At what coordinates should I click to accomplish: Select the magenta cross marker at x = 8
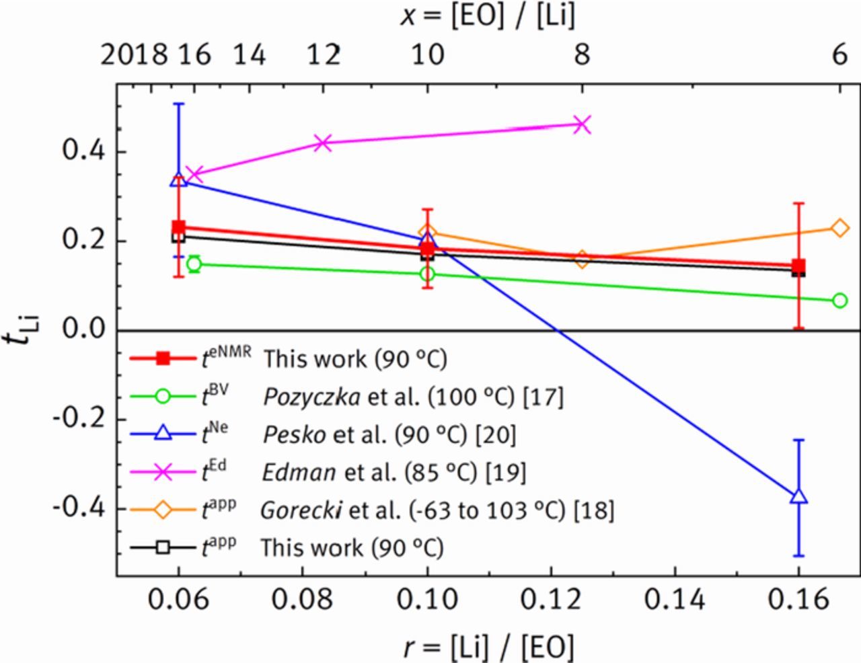pos(583,124)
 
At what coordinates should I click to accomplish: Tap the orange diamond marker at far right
pos(839,228)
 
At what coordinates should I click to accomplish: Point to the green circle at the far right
pos(839,301)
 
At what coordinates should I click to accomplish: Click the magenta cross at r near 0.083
pos(324,143)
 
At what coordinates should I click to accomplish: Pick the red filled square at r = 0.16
pos(798,266)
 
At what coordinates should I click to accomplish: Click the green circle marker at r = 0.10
pos(427,274)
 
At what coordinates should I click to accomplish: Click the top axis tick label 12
pos(324,54)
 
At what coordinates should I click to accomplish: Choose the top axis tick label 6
pos(839,54)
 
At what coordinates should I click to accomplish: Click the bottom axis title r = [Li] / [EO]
pos(489,647)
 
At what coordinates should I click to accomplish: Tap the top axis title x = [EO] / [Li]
pos(489,15)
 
